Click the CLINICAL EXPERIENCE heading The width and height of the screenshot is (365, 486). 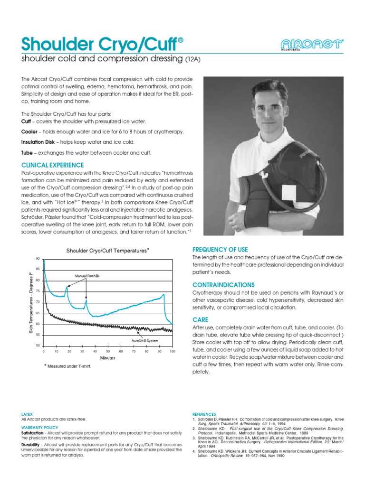(x=52, y=165)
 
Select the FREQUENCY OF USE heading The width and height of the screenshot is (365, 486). (x=220, y=250)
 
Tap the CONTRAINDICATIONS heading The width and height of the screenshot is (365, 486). (x=223, y=285)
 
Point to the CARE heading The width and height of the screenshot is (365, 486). (x=200, y=320)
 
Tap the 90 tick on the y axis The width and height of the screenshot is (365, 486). (x=38, y=258)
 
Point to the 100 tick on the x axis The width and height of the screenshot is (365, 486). (x=172, y=351)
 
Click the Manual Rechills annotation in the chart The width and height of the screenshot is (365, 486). (x=86, y=275)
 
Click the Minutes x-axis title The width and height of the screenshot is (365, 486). (x=107, y=357)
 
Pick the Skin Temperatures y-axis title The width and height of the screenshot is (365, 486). (x=30, y=303)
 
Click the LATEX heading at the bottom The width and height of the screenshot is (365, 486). (x=27, y=414)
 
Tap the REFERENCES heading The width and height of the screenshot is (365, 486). (x=204, y=414)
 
